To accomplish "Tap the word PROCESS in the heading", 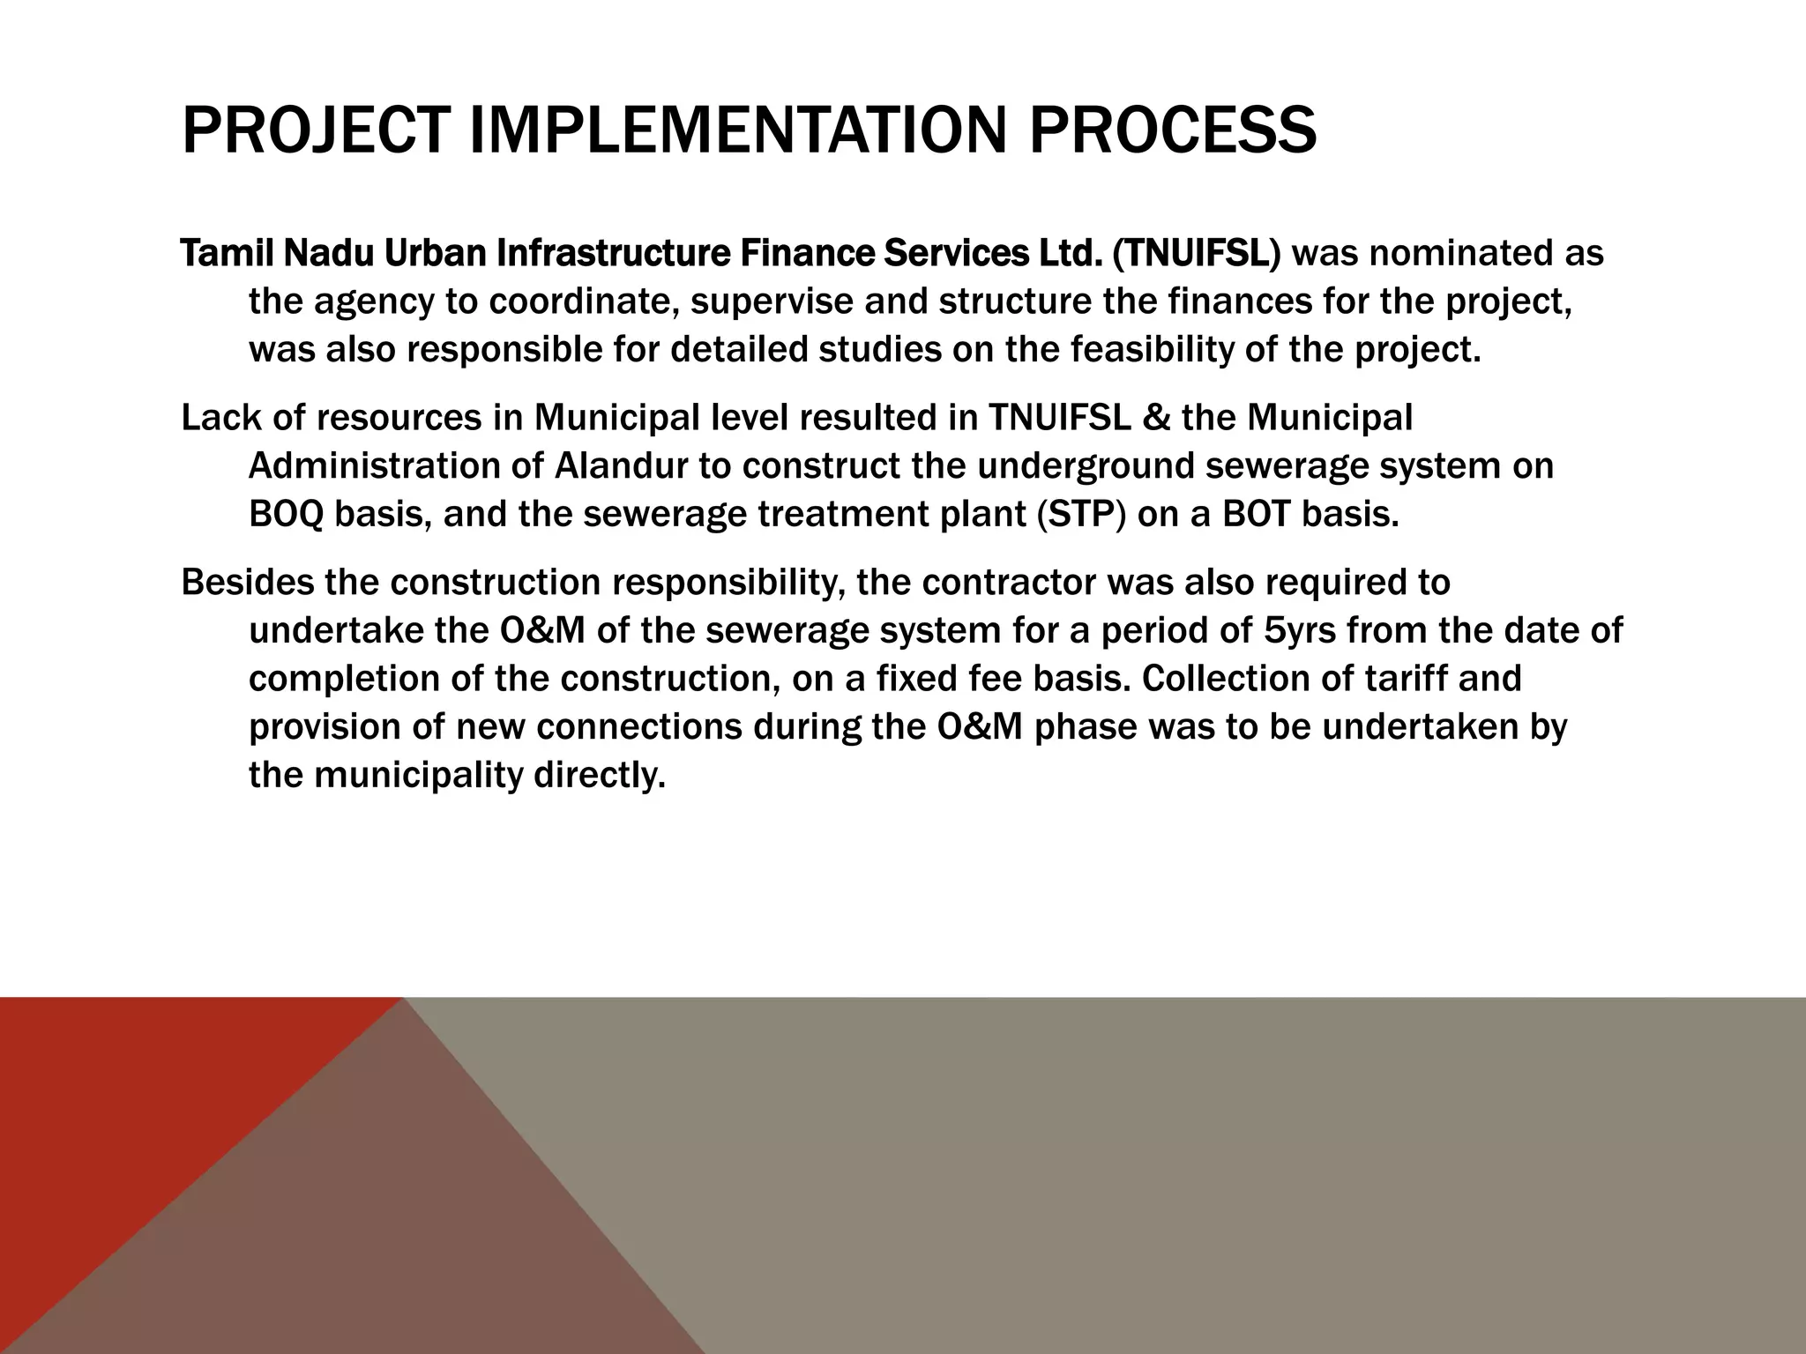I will (1172, 130).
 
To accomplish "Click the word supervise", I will (772, 302).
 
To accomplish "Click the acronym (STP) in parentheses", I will (1081, 514).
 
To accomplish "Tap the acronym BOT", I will (1257, 514).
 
